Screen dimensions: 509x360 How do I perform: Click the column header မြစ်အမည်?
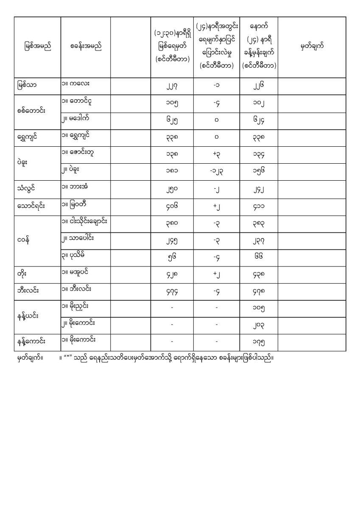[x=38, y=47]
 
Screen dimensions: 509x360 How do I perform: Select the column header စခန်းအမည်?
[x=86, y=47]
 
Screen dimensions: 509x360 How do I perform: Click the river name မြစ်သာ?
[x=25, y=85]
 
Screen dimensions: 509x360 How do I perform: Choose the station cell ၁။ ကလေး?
[x=75, y=84]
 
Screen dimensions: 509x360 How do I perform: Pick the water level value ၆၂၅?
[x=172, y=120]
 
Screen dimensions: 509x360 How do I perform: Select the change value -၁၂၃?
[x=216, y=172]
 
